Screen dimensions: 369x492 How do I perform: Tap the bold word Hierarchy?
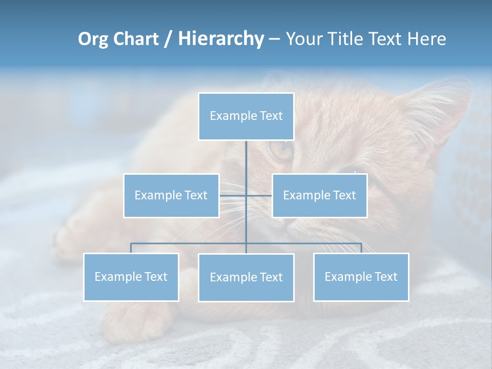(220, 39)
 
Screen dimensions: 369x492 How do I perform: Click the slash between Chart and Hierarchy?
(168, 39)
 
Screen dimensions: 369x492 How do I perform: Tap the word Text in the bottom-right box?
(385, 277)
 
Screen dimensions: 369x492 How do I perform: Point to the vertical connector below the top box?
(246, 159)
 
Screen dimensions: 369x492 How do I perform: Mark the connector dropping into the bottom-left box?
(131, 248)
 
